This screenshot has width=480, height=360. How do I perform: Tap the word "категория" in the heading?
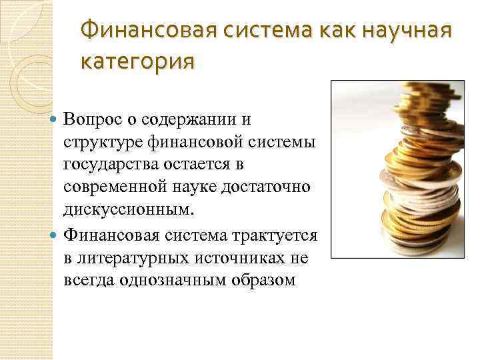click(137, 62)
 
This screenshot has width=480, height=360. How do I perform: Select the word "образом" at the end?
click(265, 280)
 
